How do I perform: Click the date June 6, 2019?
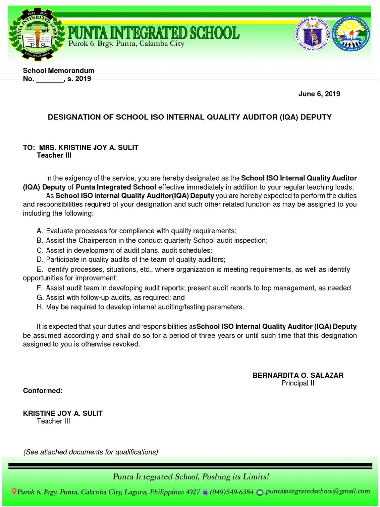(319, 94)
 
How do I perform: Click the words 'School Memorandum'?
(58, 71)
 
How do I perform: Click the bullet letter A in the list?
(40, 231)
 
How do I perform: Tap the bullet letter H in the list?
(40, 307)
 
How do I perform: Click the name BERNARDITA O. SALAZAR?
(298, 375)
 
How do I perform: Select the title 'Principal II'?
(298, 383)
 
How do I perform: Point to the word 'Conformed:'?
(43, 391)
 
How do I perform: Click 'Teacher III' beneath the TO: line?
(54, 155)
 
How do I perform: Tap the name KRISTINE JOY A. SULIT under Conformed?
(63, 413)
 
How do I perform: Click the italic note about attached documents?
(91, 452)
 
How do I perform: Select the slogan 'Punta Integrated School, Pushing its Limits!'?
(191, 477)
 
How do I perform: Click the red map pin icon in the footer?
(14, 492)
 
